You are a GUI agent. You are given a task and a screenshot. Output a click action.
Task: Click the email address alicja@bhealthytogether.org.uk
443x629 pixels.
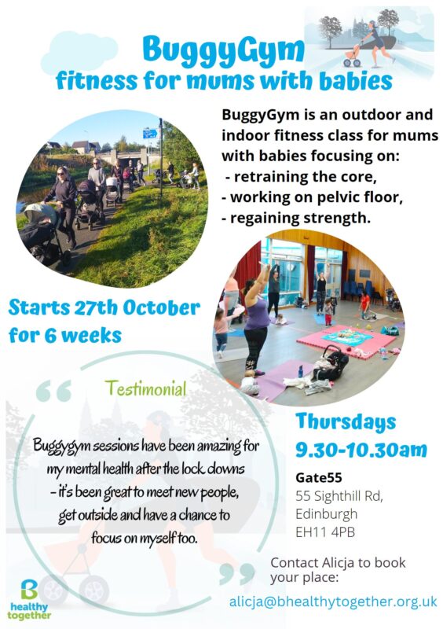[x=333, y=601]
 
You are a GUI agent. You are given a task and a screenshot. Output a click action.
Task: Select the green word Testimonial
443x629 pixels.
[x=145, y=388]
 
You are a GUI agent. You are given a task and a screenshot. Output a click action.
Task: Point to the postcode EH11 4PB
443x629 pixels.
[x=325, y=532]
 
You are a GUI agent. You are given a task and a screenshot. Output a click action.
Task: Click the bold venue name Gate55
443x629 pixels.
[x=319, y=477]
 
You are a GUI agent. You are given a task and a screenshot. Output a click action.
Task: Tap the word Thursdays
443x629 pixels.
[x=346, y=422]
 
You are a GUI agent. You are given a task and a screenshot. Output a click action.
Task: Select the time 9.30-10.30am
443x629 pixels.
[x=361, y=450]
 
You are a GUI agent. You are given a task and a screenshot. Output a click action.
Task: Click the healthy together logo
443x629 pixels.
[x=29, y=599]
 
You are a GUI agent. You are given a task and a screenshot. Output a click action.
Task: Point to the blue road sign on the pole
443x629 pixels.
[x=150, y=134]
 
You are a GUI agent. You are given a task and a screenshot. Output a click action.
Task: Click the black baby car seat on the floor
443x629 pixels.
[x=331, y=362]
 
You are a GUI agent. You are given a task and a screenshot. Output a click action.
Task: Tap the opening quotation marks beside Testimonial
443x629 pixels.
[x=53, y=391]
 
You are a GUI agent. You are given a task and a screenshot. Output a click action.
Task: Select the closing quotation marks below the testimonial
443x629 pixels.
[x=237, y=574]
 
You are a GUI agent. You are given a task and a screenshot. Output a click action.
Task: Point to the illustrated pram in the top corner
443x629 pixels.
[x=352, y=56]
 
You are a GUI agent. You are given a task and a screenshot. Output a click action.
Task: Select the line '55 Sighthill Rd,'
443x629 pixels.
[x=339, y=496]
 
